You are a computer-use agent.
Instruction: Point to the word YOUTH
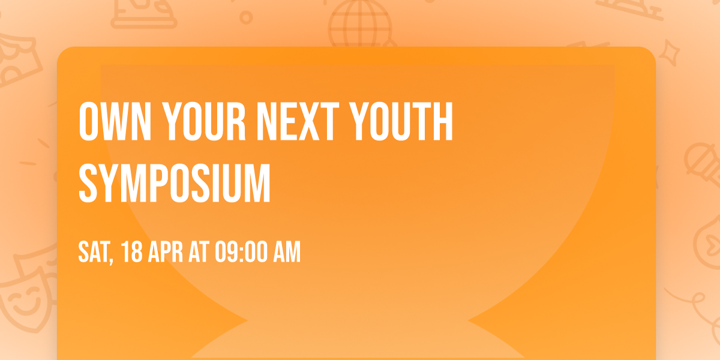click(x=401, y=123)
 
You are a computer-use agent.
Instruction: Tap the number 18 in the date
click(x=131, y=253)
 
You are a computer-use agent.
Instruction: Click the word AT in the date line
click(x=199, y=253)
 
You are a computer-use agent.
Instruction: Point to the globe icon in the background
click(x=359, y=24)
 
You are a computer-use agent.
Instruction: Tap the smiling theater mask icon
click(x=24, y=297)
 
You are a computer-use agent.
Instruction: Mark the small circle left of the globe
click(x=245, y=17)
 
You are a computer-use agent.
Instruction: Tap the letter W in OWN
click(x=114, y=123)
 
